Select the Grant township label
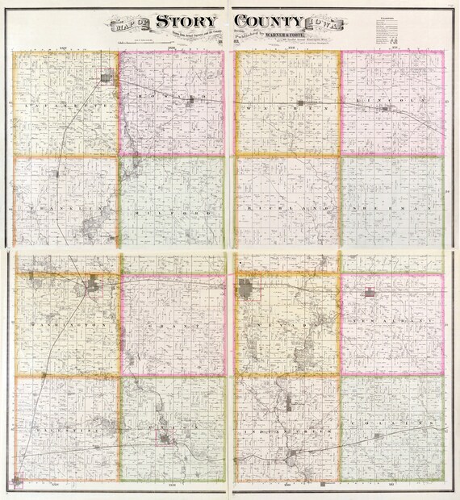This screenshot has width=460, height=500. [x=172, y=326]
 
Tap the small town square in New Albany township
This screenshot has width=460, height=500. [x=370, y=292]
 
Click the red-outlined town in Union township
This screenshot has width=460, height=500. [x=165, y=437]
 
